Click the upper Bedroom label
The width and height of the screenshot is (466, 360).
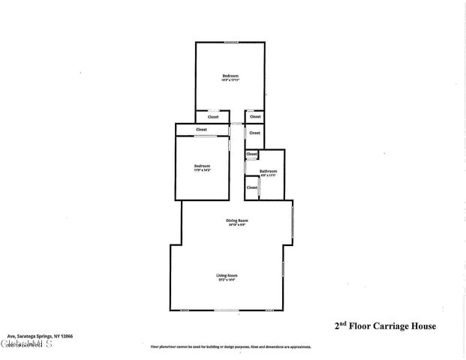[230, 76]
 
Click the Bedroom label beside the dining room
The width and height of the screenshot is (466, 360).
[202, 166]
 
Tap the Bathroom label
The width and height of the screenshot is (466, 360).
[269, 172]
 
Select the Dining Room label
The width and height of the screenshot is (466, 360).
[237, 220]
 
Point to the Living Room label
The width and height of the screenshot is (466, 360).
[227, 275]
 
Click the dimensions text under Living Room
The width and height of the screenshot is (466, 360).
[227, 280]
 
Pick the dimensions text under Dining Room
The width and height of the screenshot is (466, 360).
[237, 224]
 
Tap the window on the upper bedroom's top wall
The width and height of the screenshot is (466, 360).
[231, 42]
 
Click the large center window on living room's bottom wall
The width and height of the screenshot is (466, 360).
[227, 310]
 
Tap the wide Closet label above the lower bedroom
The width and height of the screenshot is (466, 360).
[201, 130]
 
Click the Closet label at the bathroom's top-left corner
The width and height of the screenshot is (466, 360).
[251, 154]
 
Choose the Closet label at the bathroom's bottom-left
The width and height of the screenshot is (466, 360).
[251, 187]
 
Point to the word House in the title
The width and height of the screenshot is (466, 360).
[422, 326]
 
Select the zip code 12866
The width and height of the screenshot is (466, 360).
[65, 336]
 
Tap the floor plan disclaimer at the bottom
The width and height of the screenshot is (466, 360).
[230, 347]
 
